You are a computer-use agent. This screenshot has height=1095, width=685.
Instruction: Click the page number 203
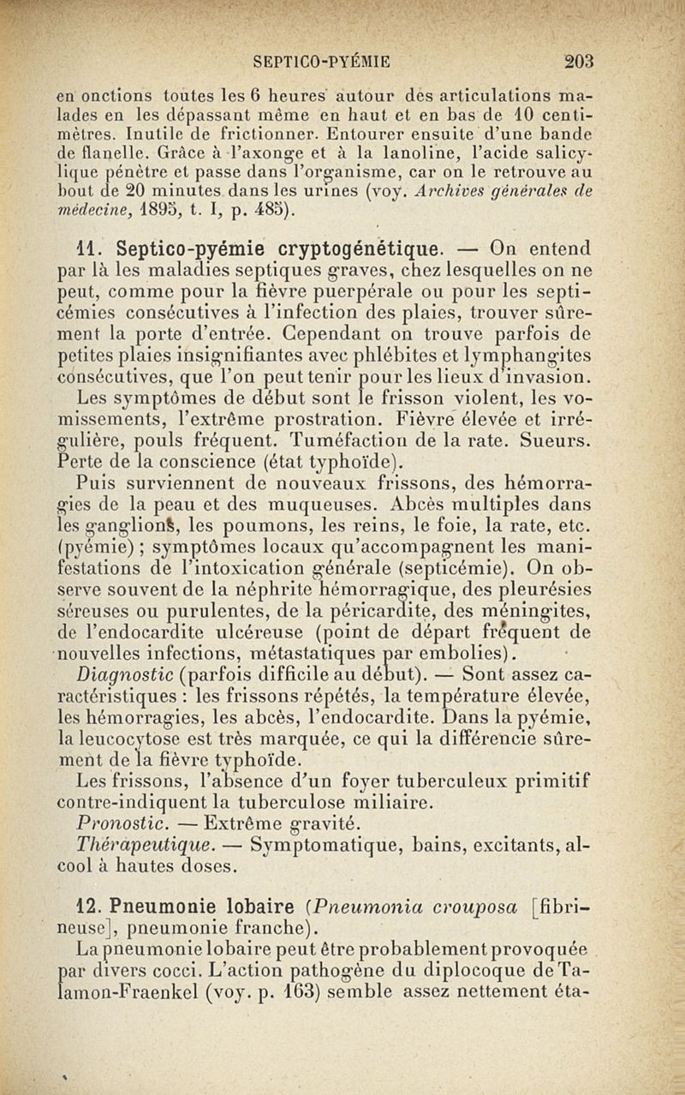(580, 61)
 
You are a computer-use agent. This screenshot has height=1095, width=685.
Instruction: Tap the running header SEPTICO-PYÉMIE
(323, 61)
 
